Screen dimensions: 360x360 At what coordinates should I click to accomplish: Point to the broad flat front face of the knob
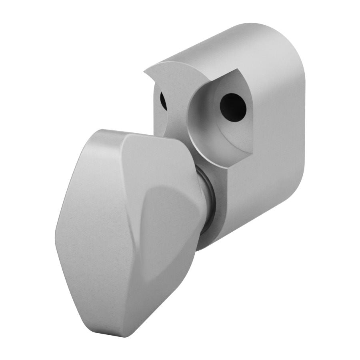coord(100,224)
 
